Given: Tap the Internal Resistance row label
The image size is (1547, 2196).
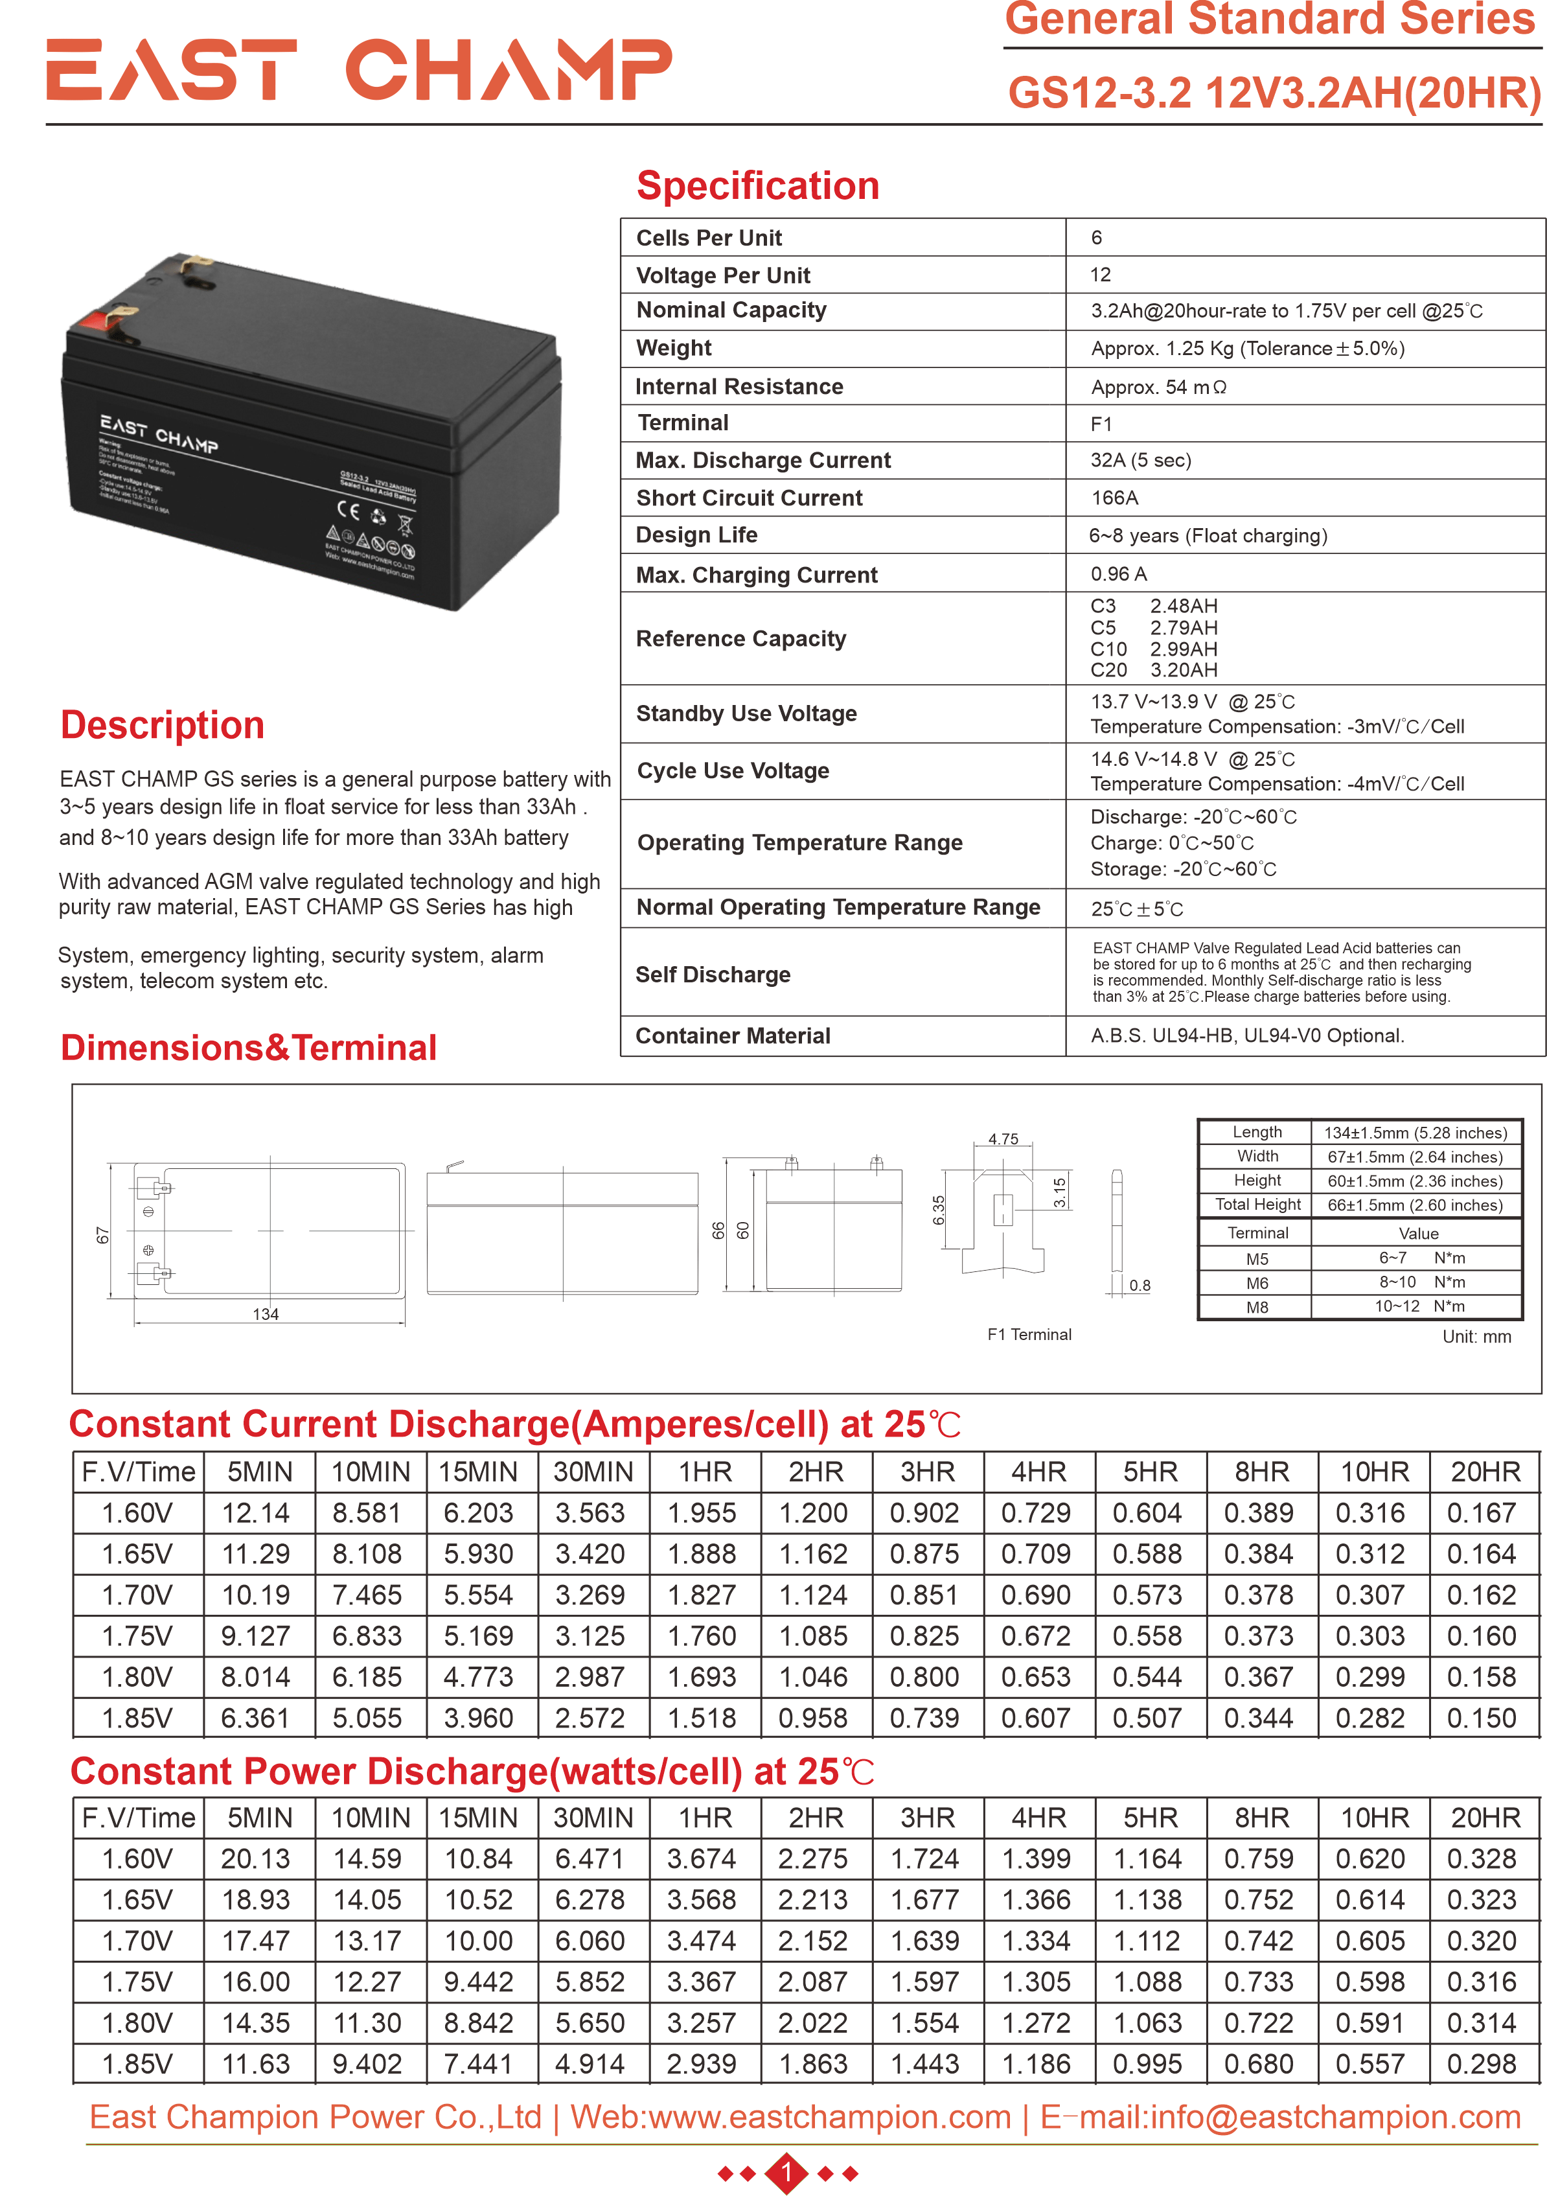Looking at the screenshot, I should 739,386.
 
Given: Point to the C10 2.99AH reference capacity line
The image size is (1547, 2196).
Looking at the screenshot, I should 1153,649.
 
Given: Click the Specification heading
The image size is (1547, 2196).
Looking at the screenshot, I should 757,185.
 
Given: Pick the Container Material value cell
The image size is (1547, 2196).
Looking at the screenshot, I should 1247,1036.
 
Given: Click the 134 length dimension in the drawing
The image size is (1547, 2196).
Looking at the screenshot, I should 266,1314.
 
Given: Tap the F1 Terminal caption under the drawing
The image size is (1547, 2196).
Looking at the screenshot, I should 1029,1334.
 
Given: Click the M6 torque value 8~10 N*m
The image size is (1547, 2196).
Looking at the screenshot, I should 1421,1282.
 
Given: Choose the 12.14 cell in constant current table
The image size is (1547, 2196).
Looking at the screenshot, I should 257,1513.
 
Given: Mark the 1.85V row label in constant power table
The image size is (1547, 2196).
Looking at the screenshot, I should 138,2063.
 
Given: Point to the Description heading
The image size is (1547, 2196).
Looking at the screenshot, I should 163,725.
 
